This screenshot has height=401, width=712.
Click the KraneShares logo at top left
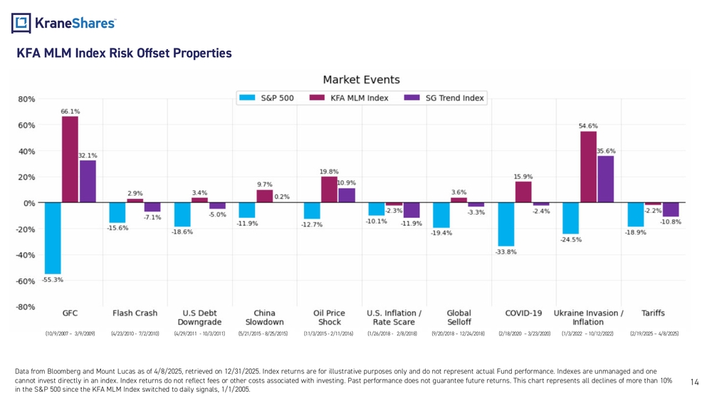coord(63,23)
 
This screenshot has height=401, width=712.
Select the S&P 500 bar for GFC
coord(53,238)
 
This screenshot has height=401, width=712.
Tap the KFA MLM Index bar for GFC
coord(70,160)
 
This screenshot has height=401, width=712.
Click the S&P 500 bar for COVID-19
coord(506,224)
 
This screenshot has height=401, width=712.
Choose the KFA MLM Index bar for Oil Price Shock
coord(329,189)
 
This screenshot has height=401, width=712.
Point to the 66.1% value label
coord(70,111)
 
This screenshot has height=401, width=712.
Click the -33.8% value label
coord(506,252)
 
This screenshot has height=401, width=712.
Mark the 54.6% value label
coord(588,125)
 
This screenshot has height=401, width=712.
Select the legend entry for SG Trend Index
coord(444,98)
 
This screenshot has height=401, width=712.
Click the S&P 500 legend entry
coord(268,98)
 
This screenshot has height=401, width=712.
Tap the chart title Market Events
coord(361,80)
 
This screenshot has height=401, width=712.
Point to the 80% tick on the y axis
coord(26,99)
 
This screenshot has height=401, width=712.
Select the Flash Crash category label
coord(135,313)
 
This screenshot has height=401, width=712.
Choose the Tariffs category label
coord(653,313)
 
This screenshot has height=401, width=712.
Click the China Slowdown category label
coord(264,317)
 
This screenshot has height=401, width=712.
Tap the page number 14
coord(696,382)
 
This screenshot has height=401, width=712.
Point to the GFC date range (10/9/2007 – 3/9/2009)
coord(70,333)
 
